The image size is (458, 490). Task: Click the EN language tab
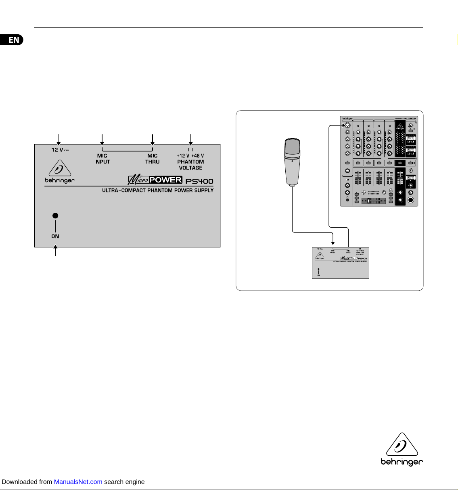(x=13, y=40)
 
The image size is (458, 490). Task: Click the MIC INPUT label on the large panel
(x=102, y=159)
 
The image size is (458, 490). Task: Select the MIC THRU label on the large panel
(x=153, y=159)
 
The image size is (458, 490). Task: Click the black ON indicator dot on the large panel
(x=55, y=216)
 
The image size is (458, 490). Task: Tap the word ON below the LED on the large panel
(x=55, y=237)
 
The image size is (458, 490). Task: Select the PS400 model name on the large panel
(x=199, y=181)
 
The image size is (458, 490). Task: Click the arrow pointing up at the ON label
(x=55, y=251)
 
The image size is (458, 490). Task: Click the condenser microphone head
(x=292, y=149)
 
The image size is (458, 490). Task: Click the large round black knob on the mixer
(x=411, y=200)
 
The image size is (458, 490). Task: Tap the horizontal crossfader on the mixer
(x=374, y=201)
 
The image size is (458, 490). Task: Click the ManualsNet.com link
(x=78, y=482)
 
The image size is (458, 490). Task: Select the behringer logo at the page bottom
(x=402, y=450)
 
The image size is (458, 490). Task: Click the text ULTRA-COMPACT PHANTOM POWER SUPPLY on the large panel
(x=158, y=190)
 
